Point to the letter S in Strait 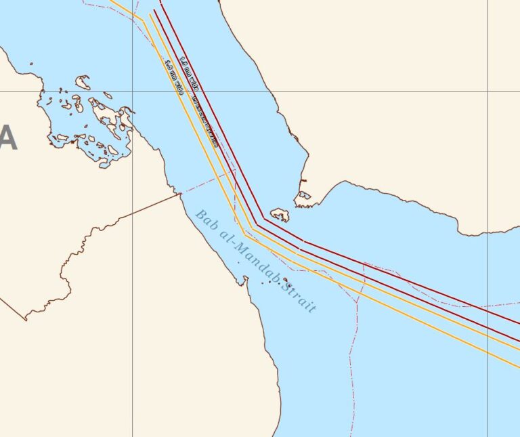point(287,286)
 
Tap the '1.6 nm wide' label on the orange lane point(174,77)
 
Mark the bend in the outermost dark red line point(264,218)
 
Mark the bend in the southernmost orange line point(244,236)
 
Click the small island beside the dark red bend point(280,215)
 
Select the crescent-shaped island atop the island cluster point(83,82)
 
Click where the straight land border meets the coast point(181,194)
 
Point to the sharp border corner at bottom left point(26,320)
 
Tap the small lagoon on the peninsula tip point(305,196)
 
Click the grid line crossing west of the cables point(132,91)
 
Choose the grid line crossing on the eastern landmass point(488,91)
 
